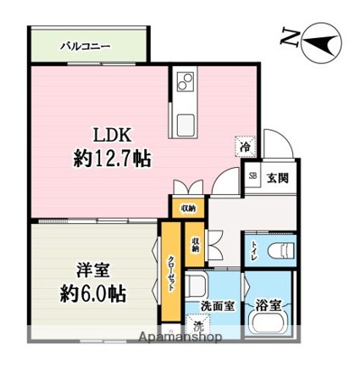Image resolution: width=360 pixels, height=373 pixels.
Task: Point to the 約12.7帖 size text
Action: (x=111, y=160)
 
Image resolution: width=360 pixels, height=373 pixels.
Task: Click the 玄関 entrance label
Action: (x=276, y=178)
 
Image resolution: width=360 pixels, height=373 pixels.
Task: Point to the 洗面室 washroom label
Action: (x=217, y=305)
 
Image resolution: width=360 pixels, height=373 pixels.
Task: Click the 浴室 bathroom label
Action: (x=272, y=305)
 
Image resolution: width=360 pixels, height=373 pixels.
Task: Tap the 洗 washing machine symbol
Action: (x=198, y=324)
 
